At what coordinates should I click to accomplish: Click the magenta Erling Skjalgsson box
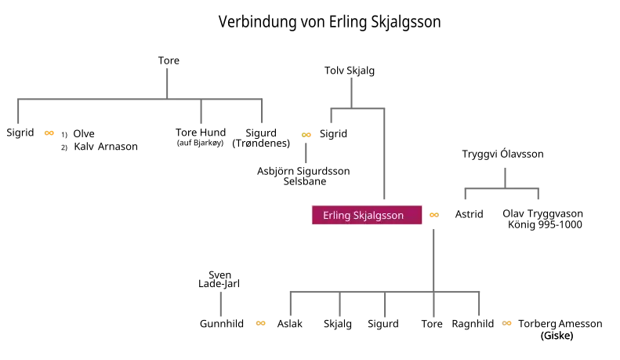(x=367, y=214)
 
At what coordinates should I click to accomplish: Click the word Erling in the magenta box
(x=337, y=215)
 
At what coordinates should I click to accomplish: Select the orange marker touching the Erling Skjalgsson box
(x=433, y=214)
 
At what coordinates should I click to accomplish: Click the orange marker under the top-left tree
(x=50, y=133)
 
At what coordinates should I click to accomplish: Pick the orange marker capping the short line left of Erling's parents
(x=307, y=135)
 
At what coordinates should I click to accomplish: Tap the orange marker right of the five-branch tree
(x=508, y=323)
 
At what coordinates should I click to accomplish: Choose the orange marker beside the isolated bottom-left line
(x=260, y=323)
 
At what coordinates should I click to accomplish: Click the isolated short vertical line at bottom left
(x=223, y=305)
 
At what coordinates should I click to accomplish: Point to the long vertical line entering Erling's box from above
(x=386, y=157)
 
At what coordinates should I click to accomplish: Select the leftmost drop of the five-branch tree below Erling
(x=292, y=306)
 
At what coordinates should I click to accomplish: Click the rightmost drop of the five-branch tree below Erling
(x=480, y=306)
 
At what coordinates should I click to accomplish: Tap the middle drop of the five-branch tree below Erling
(x=386, y=306)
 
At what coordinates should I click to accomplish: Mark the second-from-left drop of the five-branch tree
(x=342, y=306)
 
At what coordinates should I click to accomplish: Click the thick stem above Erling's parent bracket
(x=351, y=91)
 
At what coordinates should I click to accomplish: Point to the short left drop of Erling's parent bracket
(x=329, y=118)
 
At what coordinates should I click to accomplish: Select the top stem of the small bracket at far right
(x=505, y=173)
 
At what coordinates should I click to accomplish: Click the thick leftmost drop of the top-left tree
(x=19, y=111)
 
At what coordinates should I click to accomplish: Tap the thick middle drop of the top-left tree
(x=201, y=111)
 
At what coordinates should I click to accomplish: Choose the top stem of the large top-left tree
(x=166, y=82)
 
